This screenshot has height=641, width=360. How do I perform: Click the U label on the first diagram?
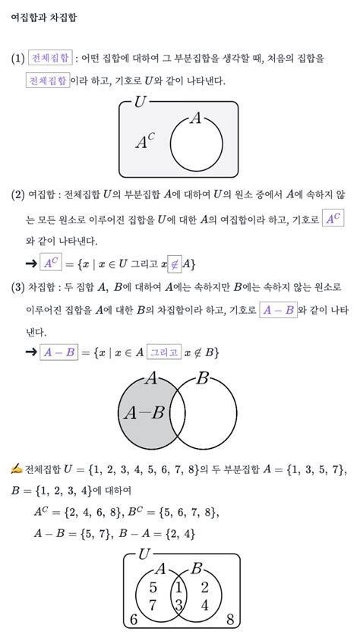[x=140, y=102]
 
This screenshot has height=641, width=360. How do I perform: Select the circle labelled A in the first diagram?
[x=196, y=144]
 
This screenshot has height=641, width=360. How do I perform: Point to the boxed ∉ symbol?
[x=174, y=263]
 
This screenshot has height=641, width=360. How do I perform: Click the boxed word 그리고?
[x=165, y=352]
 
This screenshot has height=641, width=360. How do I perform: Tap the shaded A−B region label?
[x=144, y=413]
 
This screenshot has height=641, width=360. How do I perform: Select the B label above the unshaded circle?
[x=202, y=378]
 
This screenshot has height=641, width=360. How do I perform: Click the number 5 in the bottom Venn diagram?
[x=152, y=587]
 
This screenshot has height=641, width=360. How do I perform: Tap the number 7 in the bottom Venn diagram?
[x=152, y=605]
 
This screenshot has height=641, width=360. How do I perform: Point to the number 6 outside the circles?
[x=134, y=620]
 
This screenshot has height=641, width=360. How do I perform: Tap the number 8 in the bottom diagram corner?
[x=231, y=620]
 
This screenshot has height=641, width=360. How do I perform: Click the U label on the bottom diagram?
[x=144, y=555]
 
